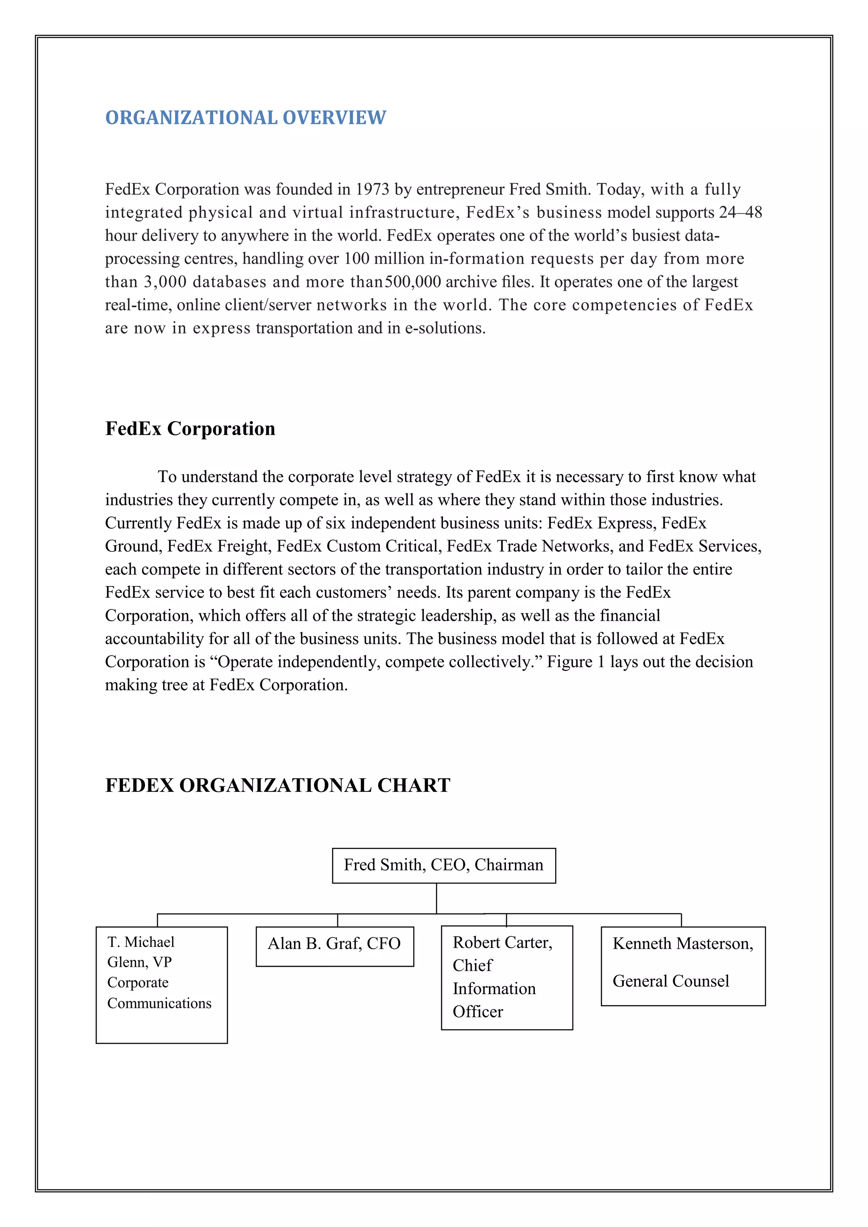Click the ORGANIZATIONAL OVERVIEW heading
point(245,117)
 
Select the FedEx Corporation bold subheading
point(190,429)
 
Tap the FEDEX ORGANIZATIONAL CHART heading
point(278,785)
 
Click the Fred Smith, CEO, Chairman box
point(444,865)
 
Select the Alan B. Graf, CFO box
point(334,946)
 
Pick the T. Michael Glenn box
point(161,984)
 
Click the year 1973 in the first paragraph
point(373,190)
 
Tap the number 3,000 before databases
point(164,282)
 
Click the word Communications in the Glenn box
point(159,1004)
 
